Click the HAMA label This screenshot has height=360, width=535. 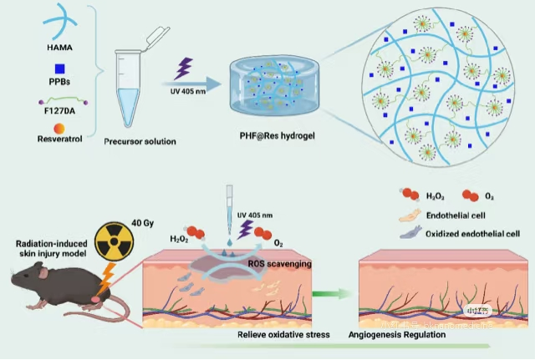(59, 48)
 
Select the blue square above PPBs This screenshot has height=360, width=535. (59, 68)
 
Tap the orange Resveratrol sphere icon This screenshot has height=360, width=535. (59, 128)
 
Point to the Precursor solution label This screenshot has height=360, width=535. (140, 141)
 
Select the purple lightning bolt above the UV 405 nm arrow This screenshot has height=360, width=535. (186, 65)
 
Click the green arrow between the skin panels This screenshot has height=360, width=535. (329, 293)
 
